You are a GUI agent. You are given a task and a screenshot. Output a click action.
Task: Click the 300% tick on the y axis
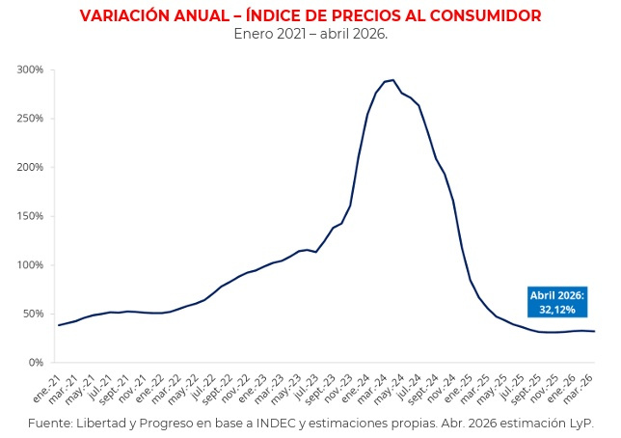(x=30, y=69)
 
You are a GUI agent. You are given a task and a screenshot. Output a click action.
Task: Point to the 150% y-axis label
(x=30, y=216)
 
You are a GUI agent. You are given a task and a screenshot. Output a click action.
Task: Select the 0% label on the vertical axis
(x=36, y=363)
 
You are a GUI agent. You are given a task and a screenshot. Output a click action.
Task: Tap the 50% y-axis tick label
(x=33, y=314)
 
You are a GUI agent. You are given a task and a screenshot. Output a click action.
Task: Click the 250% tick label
(x=30, y=119)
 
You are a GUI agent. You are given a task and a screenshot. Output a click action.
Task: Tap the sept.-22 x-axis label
(x=217, y=389)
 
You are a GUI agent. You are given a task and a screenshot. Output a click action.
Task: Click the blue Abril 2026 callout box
(x=557, y=302)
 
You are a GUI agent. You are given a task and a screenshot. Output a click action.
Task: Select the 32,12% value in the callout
(x=557, y=310)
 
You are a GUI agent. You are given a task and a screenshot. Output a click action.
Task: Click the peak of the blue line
(x=392, y=80)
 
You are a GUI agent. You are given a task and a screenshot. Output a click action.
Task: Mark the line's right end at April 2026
(x=594, y=331)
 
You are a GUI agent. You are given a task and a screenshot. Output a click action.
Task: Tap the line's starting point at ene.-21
(x=59, y=325)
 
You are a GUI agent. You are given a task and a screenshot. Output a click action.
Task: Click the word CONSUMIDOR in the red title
(x=486, y=15)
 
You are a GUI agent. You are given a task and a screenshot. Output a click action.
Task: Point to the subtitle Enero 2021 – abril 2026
(x=310, y=34)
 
